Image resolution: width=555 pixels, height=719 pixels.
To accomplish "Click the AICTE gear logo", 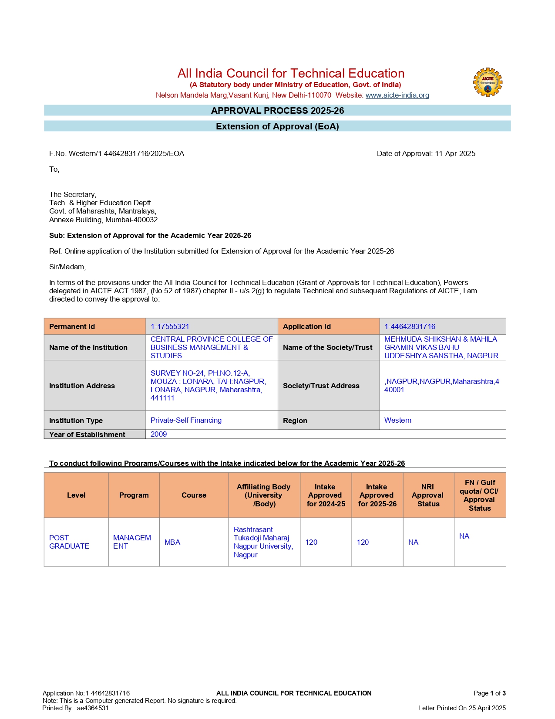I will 488,82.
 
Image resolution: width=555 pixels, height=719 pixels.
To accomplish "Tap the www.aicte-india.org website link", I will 397,95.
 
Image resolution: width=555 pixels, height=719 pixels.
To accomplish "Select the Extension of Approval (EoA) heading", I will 277,126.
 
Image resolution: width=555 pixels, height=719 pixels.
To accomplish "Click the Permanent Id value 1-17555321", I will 170,326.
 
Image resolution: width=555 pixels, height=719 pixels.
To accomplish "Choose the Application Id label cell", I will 307,326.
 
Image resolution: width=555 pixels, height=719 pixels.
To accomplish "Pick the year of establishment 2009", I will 158,434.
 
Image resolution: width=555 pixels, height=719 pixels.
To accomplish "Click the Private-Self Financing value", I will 186,420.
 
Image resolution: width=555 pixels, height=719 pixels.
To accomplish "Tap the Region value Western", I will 397,420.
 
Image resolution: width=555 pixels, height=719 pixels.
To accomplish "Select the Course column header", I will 194,495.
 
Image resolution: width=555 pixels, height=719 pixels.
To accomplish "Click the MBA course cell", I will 172,542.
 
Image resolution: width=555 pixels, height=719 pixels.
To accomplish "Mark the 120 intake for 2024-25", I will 311,542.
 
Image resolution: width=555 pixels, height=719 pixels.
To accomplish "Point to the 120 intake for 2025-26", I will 363,542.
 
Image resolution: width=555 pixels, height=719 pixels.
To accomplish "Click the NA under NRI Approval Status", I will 413,542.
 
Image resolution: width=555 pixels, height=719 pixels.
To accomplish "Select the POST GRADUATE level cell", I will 69,542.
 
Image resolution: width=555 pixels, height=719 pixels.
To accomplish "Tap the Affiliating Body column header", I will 264,495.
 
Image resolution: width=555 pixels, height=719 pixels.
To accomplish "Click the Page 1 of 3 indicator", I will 489,693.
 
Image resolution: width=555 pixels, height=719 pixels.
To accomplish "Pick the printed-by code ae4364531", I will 93,708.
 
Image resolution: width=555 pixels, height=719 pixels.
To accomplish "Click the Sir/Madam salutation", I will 67,267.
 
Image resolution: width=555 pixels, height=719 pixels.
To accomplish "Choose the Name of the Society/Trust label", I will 327,347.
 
